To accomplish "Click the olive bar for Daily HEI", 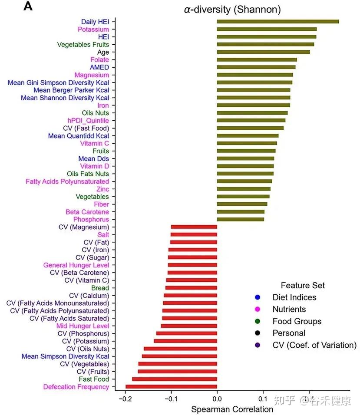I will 277,21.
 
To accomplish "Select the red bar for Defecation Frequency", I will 171,387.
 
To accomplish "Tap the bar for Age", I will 263,52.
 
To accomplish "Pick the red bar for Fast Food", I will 175,379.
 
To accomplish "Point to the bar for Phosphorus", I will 240,220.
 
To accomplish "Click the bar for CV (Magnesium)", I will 194,227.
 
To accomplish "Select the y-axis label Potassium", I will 93,30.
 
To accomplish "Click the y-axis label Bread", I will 100,288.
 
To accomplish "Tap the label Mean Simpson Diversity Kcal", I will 65,356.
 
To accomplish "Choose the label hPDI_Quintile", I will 88,120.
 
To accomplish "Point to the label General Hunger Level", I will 76,265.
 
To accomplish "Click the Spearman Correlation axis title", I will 232,409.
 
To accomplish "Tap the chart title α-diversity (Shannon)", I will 232,9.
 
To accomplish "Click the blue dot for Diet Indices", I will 257,297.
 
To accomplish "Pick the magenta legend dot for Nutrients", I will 257,309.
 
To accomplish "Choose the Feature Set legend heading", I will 303,285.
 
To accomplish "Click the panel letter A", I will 28,7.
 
